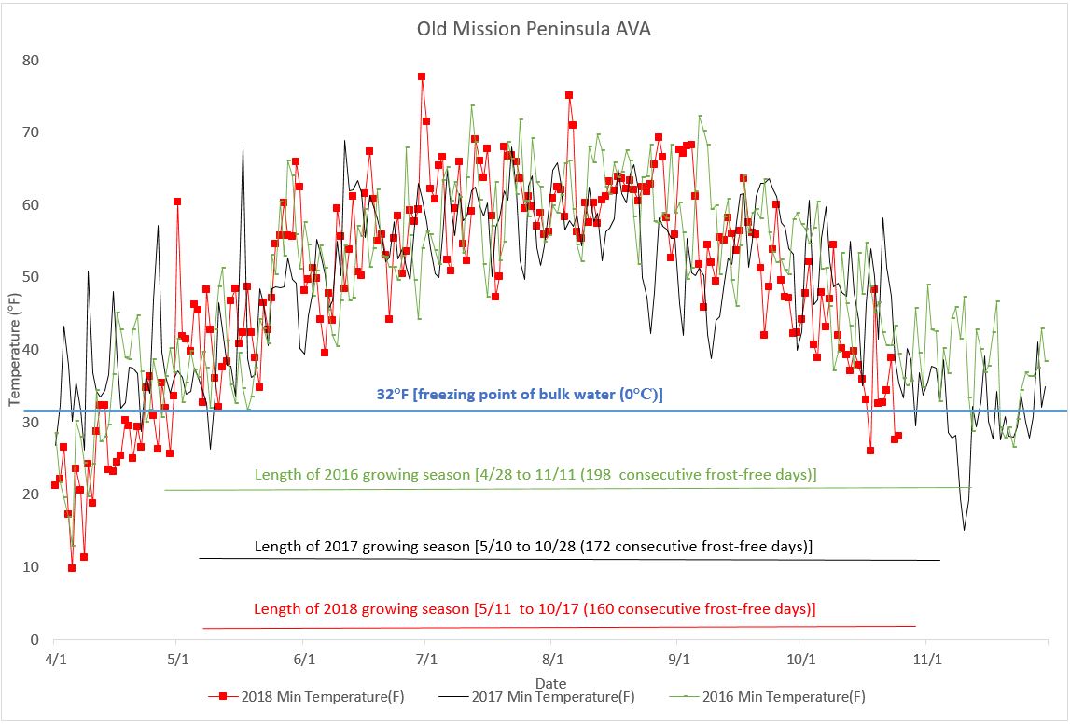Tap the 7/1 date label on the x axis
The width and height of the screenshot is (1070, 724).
pyautogui.click(x=426, y=659)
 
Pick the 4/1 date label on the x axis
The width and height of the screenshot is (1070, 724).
pyautogui.click(x=54, y=659)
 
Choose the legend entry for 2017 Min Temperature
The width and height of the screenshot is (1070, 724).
pyautogui.click(x=541, y=697)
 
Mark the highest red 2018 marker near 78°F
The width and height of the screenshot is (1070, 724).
pyautogui.click(x=422, y=77)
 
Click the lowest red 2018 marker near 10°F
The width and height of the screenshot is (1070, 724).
pyautogui.click(x=72, y=567)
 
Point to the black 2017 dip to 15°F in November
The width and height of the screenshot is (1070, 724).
pyautogui.click(x=964, y=530)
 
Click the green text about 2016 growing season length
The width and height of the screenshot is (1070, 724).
pyautogui.click(x=535, y=475)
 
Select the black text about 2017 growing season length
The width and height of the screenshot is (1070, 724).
pyautogui.click(x=533, y=547)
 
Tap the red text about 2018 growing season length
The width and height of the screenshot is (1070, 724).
pyautogui.click(x=535, y=609)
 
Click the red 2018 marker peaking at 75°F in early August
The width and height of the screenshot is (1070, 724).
pyautogui.click(x=569, y=95)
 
